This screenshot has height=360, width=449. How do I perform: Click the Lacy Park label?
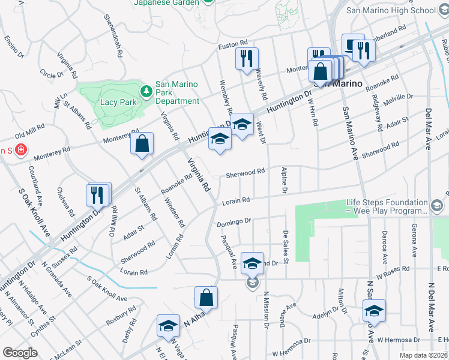[x=116, y=103]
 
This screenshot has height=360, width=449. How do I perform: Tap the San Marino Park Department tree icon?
[x=145, y=91]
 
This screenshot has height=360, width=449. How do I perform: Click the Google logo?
[x=19, y=353]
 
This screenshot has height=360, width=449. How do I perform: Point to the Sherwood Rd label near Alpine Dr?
[x=246, y=173]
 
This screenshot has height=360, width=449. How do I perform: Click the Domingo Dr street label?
[x=233, y=223]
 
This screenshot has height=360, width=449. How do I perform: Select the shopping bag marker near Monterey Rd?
[x=142, y=145]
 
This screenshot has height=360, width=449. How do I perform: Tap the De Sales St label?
[x=286, y=248]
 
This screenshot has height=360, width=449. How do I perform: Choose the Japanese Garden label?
[x=166, y=3]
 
